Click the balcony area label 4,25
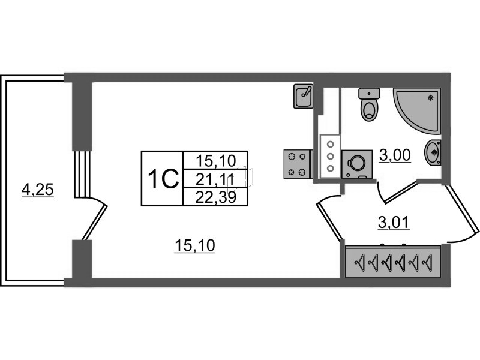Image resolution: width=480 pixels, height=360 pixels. click(x=38, y=190)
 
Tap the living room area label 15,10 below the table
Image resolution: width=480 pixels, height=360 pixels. click(x=194, y=245)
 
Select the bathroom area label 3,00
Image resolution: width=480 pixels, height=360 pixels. click(x=395, y=155)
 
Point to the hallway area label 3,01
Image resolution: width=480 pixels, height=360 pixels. click(x=394, y=223)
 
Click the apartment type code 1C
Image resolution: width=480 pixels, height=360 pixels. click(x=163, y=179)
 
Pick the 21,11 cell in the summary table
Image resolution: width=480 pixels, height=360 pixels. click(x=215, y=179)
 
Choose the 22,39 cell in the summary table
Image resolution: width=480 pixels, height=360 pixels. click(x=216, y=197)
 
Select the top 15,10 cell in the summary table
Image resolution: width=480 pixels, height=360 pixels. click(x=216, y=161)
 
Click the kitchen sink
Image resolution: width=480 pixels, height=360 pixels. click(x=304, y=96)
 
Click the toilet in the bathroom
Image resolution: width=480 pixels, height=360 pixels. click(x=369, y=104)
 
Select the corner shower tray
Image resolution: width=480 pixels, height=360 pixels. click(x=416, y=110)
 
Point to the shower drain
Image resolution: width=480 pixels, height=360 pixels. click(x=431, y=97)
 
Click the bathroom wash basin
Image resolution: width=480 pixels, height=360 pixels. click(x=433, y=152)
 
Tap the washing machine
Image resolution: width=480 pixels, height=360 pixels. click(x=356, y=164)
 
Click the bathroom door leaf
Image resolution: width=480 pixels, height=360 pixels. click(x=400, y=192)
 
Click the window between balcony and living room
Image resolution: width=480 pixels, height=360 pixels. click(x=82, y=174)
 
